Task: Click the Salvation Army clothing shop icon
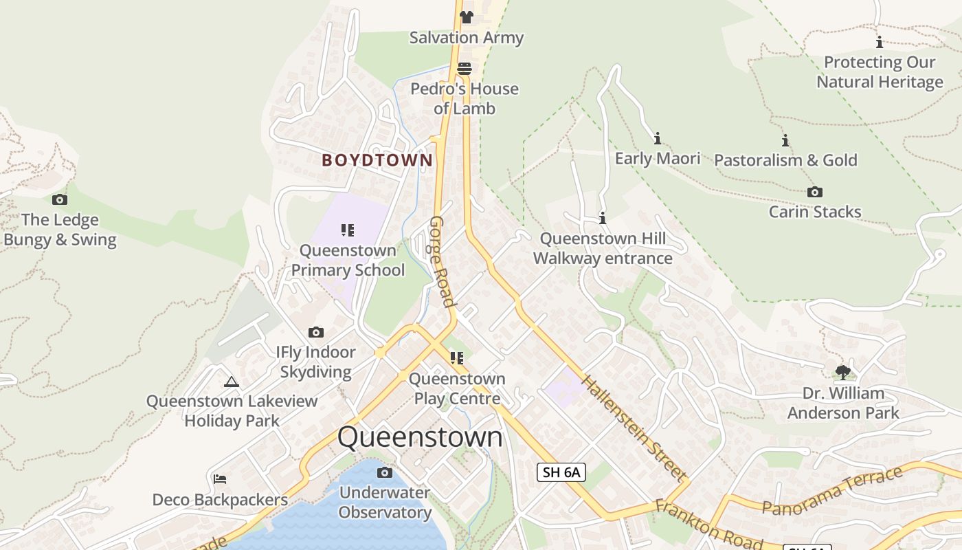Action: click(x=467, y=17)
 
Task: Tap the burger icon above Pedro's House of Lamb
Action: click(x=465, y=68)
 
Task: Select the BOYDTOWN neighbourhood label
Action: click(x=377, y=160)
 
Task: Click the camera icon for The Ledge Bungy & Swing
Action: click(x=60, y=199)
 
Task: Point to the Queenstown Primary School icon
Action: click(x=348, y=230)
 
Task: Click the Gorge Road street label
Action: click(x=442, y=261)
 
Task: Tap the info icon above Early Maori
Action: click(x=657, y=138)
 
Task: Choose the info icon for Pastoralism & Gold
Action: click(x=785, y=140)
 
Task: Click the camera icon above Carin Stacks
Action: click(x=814, y=192)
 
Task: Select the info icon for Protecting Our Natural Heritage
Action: click(x=879, y=42)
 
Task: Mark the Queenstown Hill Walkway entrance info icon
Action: click(x=603, y=218)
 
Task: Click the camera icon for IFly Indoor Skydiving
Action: click(x=315, y=332)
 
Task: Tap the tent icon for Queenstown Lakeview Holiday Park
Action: click(x=232, y=382)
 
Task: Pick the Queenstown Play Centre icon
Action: click(x=457, y=358)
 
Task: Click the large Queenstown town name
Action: click(x=420, y=437)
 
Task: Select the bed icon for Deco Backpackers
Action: click(x=220, y=478)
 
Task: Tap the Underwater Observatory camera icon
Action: click(x=385, y=472)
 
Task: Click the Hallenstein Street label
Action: click(x=633, y=428)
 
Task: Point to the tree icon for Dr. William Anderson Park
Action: click(x=842, y=373)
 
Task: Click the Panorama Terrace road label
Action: click(x=832, y=490)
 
